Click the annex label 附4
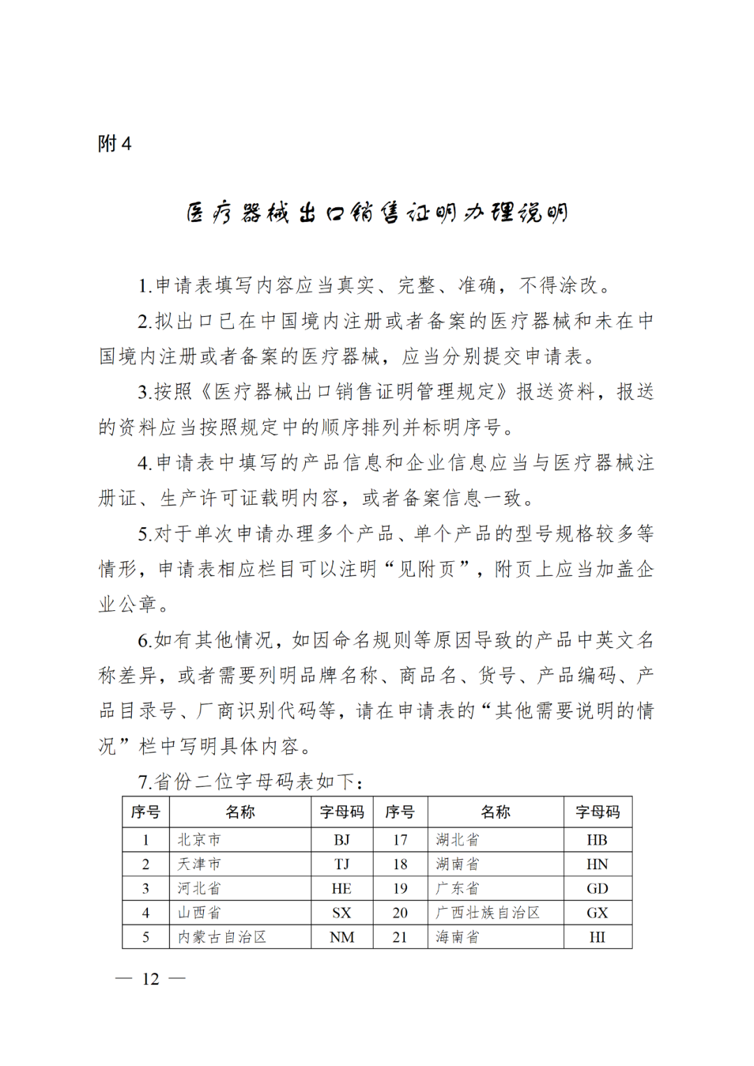tap(114, 144)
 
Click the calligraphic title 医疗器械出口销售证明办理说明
tap(377, 212)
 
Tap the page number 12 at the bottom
tap(151, 979)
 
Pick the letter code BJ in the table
tap(341, 840)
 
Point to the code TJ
tap(341, 864)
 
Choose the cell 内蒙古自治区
tap(222, 937)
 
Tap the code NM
tap(341, 937)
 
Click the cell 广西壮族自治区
tap(487, 912)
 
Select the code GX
tap(597, 912)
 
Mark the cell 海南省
tap(457, 937)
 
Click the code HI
tap(597, 937)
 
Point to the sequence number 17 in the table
tap(400, 840)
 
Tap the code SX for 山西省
tap(341, 912)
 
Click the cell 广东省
tap(457, 888)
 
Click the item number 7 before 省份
tap(143, 782)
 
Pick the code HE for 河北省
tap(341, 888)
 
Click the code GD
tap(597, 888)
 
